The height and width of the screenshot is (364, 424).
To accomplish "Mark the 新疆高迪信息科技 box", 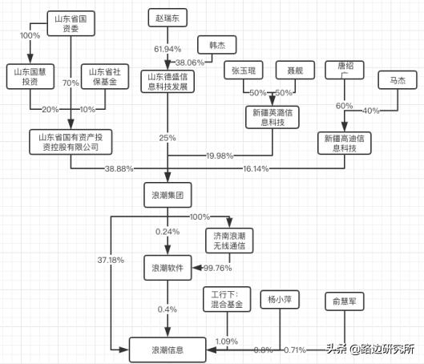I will [348, 144].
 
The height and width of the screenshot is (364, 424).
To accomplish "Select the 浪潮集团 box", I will [168, 194].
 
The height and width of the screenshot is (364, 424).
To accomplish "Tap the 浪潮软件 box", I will [168, 268].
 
